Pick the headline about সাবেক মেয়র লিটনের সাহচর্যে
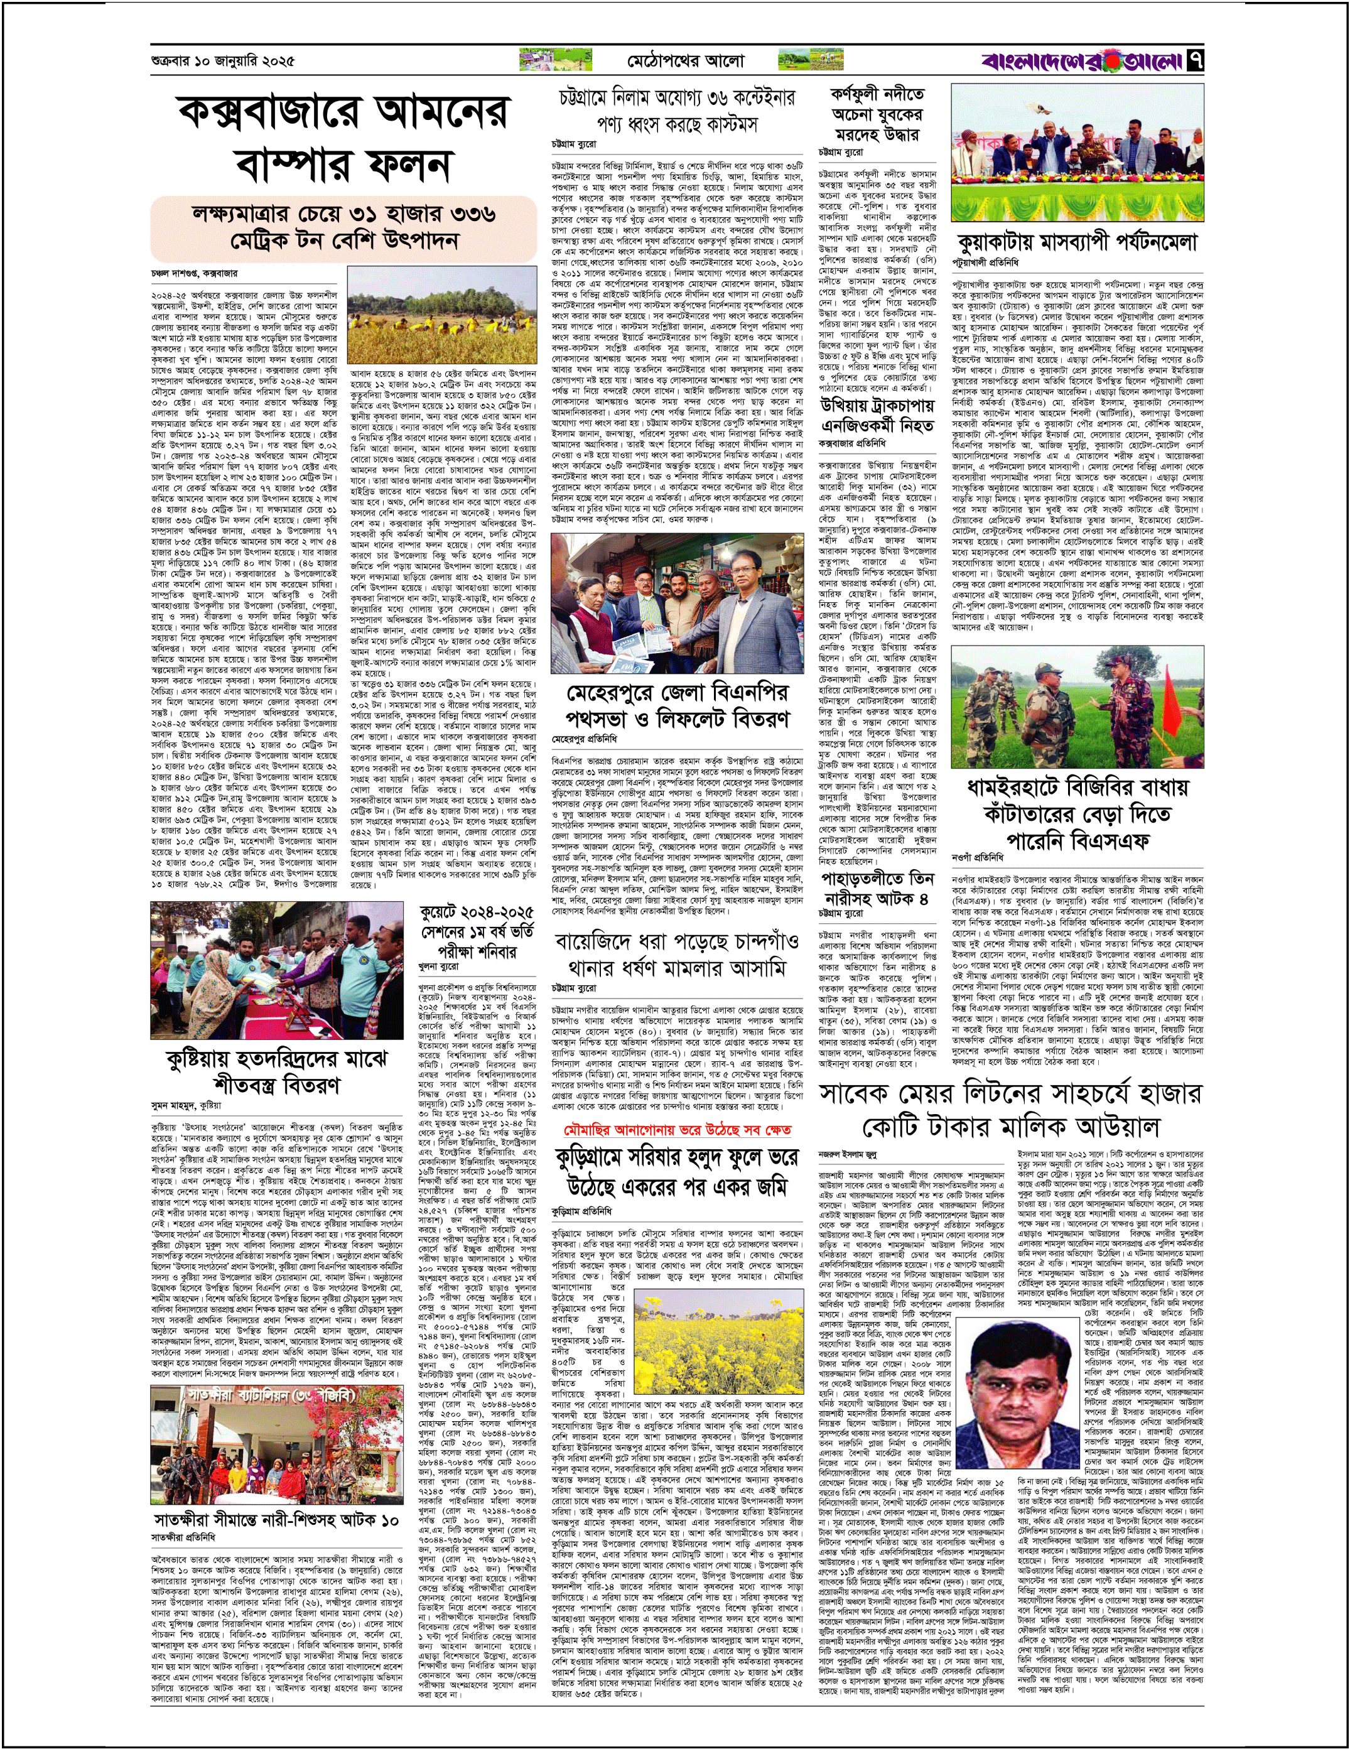click(x=1010, y=1108)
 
